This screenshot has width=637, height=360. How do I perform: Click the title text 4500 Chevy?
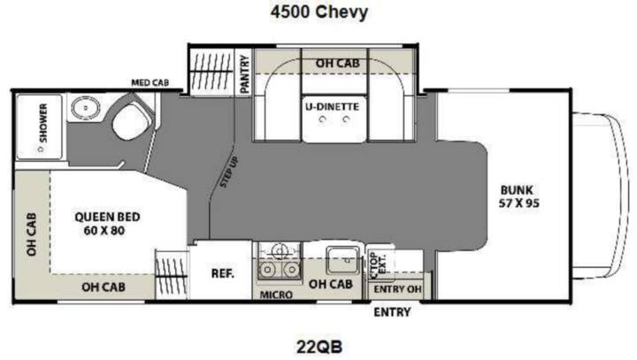[319, 11]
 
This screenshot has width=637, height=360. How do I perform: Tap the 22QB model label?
[319, 347]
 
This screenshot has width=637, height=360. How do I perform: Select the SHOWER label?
[43, 123]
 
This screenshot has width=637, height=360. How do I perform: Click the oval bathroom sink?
[86, 108]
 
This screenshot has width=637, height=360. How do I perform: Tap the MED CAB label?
[150, 82]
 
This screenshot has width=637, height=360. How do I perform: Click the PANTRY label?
[244, 74]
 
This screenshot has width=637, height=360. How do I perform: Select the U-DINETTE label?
[333, 107]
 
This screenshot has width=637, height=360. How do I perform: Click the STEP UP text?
[229, 172]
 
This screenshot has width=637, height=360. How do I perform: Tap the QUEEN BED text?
[107, 217]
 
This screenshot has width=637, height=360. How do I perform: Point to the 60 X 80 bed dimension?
[104, 231]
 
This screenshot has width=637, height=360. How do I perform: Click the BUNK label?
[517, 190]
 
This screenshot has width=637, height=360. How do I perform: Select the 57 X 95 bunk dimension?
[518, 203]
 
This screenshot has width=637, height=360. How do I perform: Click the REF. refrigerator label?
[223, 273]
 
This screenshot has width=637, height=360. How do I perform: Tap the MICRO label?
[276, 295]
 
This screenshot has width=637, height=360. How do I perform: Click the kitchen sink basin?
[343, 260]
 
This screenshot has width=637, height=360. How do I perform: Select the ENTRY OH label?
[398, 289]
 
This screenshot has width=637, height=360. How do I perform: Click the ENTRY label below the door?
[392, 312]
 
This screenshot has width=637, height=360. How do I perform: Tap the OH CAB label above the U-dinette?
[338, 64]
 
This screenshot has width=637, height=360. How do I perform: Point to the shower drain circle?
[41, 149]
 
